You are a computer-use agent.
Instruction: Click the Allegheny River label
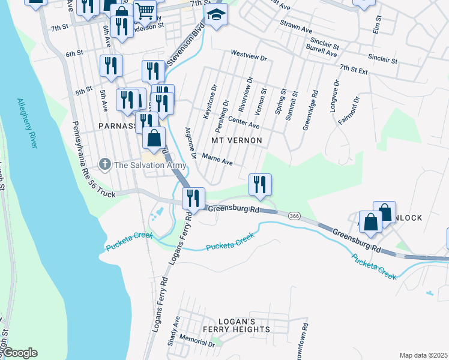pyautogui.click(x=28, y=124)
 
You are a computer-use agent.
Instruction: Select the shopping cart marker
pyautogui.click(x=145, y=11)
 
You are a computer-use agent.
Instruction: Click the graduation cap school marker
pyautogui.click(x=216, y=14)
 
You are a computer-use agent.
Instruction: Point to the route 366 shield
pyautogui.click(x=294, y=215)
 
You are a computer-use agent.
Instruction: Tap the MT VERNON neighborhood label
pyautogui.click(x=237, y=140)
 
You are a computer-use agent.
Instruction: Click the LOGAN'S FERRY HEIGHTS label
pyautogui.click(x=236, y=325)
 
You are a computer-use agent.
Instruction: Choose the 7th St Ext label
pyautogui.click(x=353, y=70)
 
